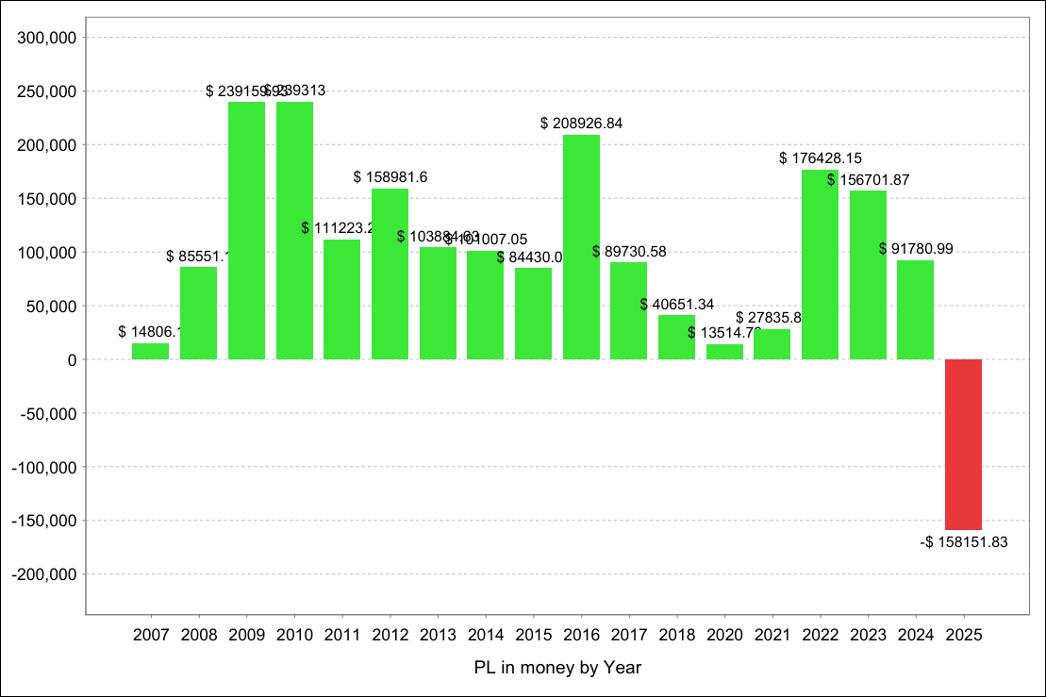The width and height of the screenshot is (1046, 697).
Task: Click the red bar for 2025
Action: point(963,444)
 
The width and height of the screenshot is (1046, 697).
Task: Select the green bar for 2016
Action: point(581,247)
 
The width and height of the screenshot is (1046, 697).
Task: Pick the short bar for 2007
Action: point(151,351)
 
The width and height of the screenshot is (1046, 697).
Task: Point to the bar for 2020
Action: point(724,352)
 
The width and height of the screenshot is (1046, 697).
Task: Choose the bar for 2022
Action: point(820,264)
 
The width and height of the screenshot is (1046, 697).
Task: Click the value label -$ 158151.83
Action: point(964,542)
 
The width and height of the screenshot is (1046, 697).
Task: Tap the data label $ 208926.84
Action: point(581,124)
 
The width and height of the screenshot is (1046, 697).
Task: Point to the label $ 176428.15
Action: point(820,158)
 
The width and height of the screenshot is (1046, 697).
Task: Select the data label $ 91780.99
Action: point(915,249)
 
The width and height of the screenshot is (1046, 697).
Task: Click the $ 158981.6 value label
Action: point(390,177)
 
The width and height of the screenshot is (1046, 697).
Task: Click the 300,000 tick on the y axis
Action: point(46,38)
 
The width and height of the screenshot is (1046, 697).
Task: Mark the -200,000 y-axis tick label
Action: point(43,573)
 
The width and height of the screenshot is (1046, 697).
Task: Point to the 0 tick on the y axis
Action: point(72,359)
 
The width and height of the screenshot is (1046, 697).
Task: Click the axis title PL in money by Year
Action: point(557,668)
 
